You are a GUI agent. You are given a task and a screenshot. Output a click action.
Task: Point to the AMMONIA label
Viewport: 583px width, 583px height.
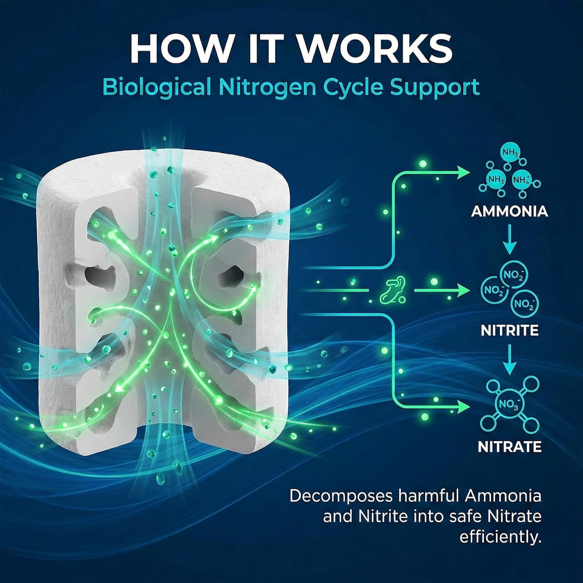tap(510, 211)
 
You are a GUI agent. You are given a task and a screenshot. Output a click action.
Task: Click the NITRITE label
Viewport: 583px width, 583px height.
tap(510, 330)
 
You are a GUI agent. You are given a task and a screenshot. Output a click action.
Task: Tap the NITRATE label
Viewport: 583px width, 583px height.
tap(510, 446)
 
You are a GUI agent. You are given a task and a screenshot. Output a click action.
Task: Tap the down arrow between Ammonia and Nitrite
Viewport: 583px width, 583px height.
tap(510, 239)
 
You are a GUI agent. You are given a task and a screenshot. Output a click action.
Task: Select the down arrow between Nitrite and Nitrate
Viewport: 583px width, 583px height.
tap(510, 360)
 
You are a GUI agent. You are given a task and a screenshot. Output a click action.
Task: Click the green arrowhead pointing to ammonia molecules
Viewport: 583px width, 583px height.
tap(463, 173)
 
